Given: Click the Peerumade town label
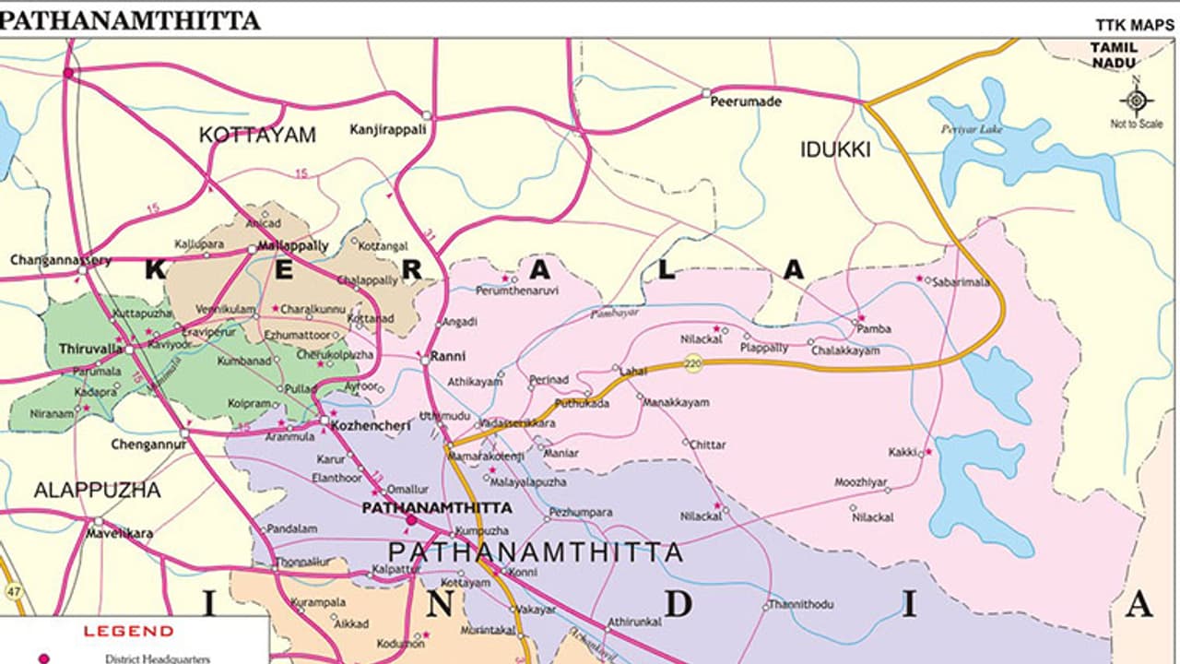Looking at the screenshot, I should tap(745, 101).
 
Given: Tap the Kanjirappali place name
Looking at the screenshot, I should tap(388, 129).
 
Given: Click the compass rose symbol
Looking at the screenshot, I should tap(1137, 100).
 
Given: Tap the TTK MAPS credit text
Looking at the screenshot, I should tap(1135, 24).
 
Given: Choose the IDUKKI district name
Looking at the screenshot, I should tap(834, 149).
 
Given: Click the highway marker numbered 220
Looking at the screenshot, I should tap(693, 365).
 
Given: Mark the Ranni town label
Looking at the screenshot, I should tap(449, 356).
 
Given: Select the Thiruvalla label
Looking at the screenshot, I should tap(90, 349).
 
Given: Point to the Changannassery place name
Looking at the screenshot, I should tap(60, 260).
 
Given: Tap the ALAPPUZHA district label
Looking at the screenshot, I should tap(97, 490).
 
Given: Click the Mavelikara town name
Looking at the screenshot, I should tap(120, 533).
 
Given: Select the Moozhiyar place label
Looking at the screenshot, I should tap(861, 482).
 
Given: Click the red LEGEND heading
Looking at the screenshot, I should tap(128, 632).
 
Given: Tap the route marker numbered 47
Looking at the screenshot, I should tap(14, 590).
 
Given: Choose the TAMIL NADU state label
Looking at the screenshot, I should tap(1115, 54).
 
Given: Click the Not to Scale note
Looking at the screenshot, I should tap(1136, 124).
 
